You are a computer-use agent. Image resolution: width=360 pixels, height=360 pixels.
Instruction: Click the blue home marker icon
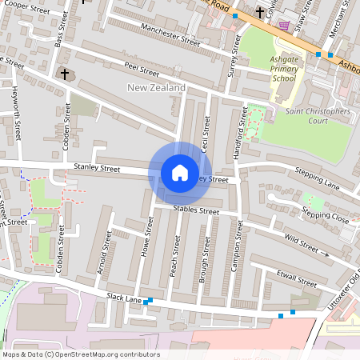pyautogui.click(x=180, y=173)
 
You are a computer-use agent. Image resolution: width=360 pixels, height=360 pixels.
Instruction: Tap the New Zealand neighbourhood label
pyautogui.click(x=157, y=87)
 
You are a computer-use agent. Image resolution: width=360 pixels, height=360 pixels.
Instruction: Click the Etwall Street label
pyautogui.click(x=295, y=280)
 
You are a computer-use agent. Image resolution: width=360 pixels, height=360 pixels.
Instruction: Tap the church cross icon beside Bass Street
pyautogui.click(x=65, y=74)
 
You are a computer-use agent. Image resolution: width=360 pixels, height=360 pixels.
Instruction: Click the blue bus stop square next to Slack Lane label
pyautogui.click(x=150, y=301)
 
